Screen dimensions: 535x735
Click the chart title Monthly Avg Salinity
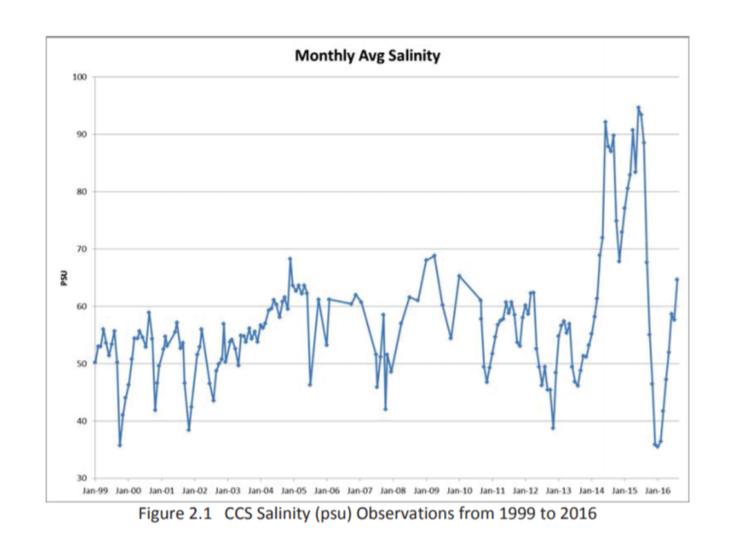click(367, 56)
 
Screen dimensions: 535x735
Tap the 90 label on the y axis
click(81, 135)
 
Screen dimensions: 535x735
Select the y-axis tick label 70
click(81, 249)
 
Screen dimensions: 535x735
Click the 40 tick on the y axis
click(81, 422)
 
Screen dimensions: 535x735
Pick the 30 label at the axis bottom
click(81, 478)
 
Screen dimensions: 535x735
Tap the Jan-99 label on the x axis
click(95, 491)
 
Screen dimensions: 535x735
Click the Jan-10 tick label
click(459, 491)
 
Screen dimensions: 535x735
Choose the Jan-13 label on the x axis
click(558, 491)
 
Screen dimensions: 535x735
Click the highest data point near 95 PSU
click(638, 108)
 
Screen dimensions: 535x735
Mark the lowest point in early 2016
click(657, 446)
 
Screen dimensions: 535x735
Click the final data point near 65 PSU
click(677, 279)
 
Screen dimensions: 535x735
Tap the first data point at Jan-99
click(95, 362)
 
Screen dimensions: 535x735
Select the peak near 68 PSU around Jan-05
click(290, 258)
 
